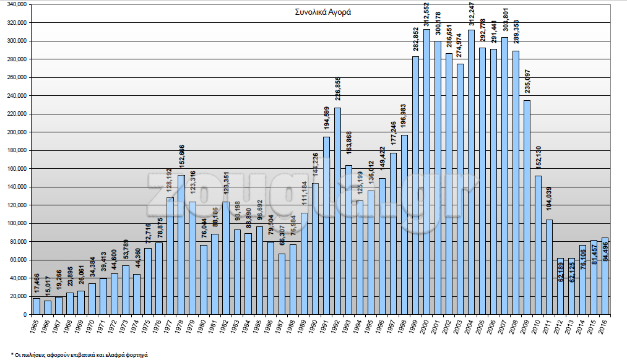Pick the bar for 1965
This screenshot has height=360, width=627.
click(36, 306)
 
